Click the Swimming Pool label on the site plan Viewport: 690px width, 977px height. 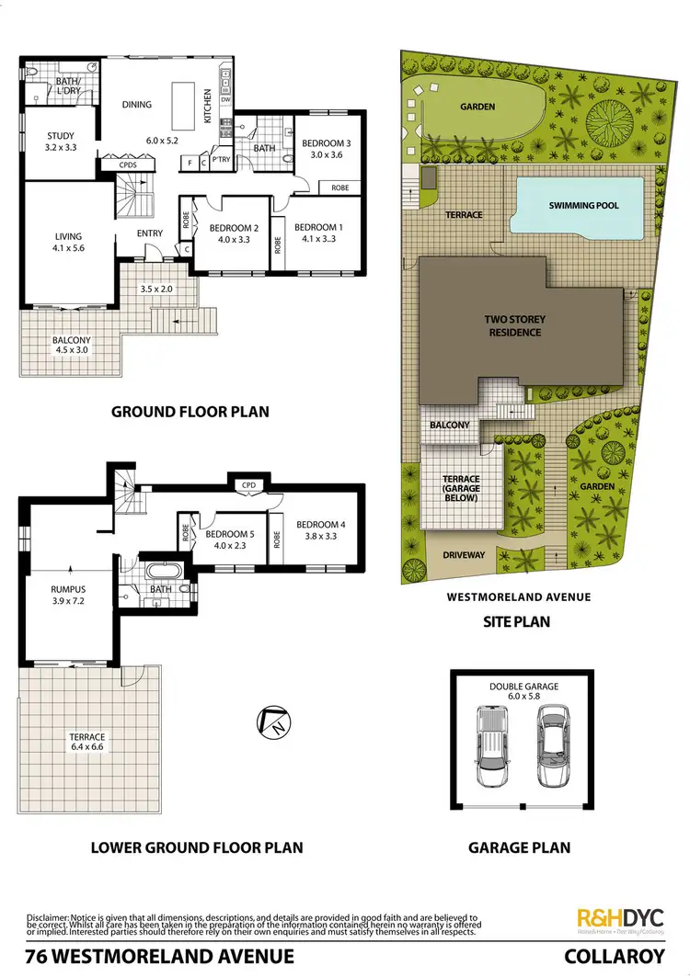pos(584,206)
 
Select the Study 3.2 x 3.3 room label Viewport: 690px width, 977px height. pos(61,142)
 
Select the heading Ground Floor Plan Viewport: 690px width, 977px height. pos(190,411)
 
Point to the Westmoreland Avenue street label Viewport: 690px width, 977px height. pos(518,596)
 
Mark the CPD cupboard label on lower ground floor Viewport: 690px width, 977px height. pos(247,485)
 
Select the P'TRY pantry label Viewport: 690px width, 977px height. pos(220,158)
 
